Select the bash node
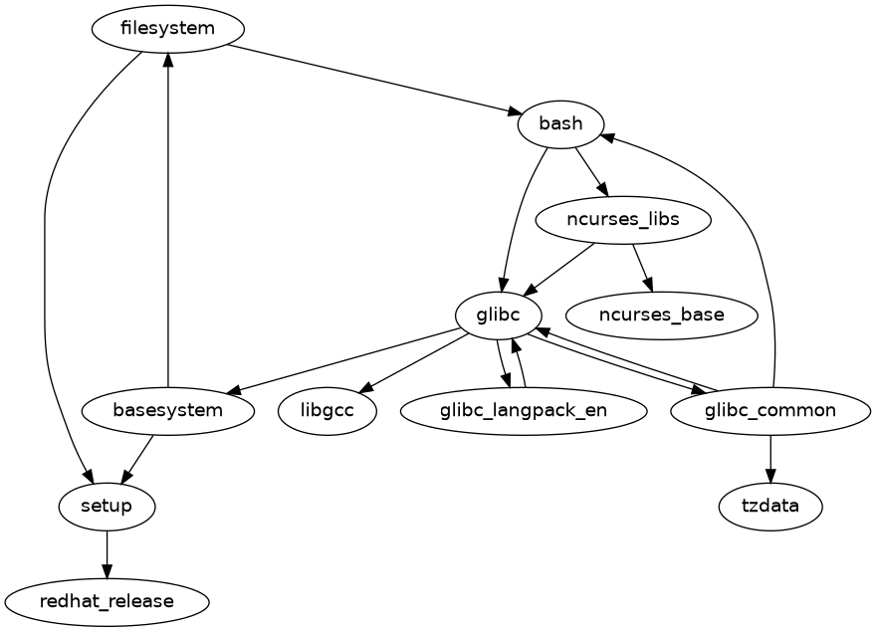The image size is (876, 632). pos(560,124)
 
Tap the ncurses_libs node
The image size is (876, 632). pos(622,220)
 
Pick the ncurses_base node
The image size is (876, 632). pos(661,316)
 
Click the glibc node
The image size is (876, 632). pos(498,316)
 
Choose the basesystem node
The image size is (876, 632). pos(167,410)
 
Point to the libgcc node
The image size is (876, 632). pos(328,410)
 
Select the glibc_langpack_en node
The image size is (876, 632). pos(523,410)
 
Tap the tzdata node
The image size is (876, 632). pos(770,506)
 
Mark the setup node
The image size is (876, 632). pos(107,506)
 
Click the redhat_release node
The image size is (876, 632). pos(107,601)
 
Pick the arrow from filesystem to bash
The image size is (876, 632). pos(378,80)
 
